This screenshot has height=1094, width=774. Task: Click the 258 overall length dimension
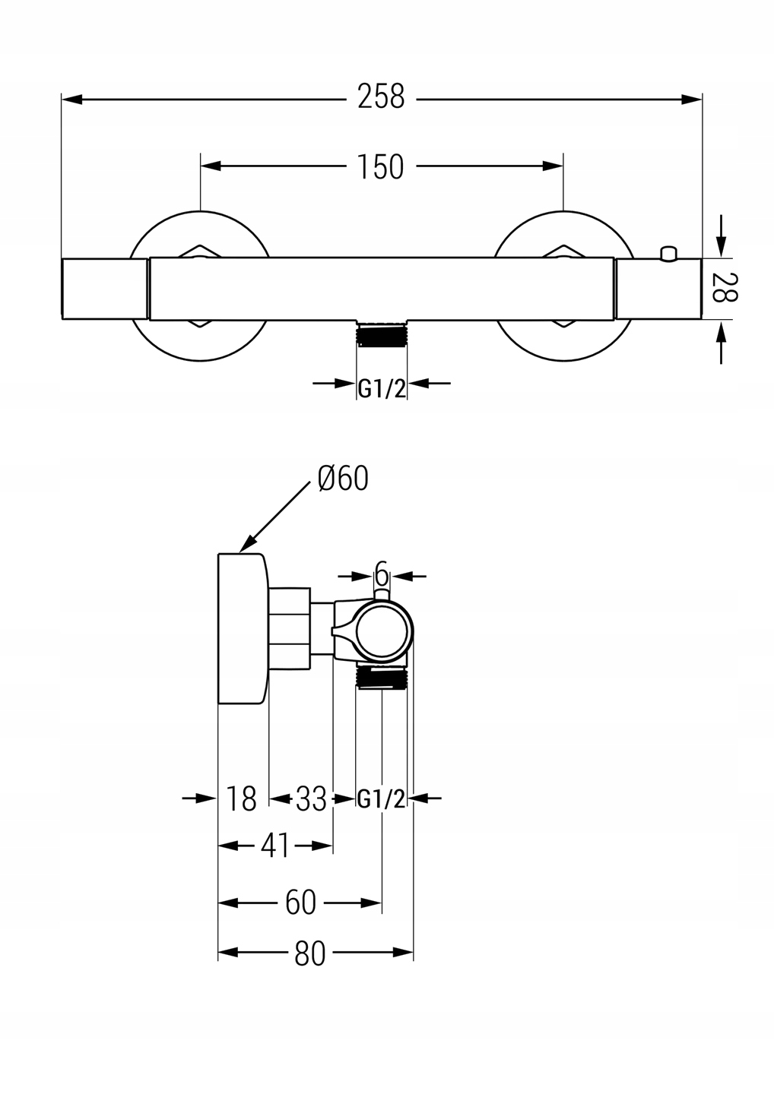381,97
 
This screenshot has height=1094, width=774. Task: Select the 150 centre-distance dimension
381,166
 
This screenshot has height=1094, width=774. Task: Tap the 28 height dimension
725,287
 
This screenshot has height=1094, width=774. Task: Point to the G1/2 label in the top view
382,388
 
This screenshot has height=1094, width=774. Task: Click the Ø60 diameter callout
343,479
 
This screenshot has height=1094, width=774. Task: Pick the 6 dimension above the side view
382,572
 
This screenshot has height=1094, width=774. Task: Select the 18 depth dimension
242,798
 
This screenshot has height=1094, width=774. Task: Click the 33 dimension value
311,798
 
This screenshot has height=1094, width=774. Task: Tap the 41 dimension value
275,846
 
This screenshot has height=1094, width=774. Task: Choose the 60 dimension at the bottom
300,903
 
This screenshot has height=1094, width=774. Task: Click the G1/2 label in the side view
382,798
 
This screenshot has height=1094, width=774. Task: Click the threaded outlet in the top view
382,334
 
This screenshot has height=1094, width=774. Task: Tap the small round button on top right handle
669,253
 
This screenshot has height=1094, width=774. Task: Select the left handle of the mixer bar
104,289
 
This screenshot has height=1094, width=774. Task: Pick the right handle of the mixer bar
658,289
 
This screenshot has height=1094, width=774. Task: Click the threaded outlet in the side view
383,675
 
